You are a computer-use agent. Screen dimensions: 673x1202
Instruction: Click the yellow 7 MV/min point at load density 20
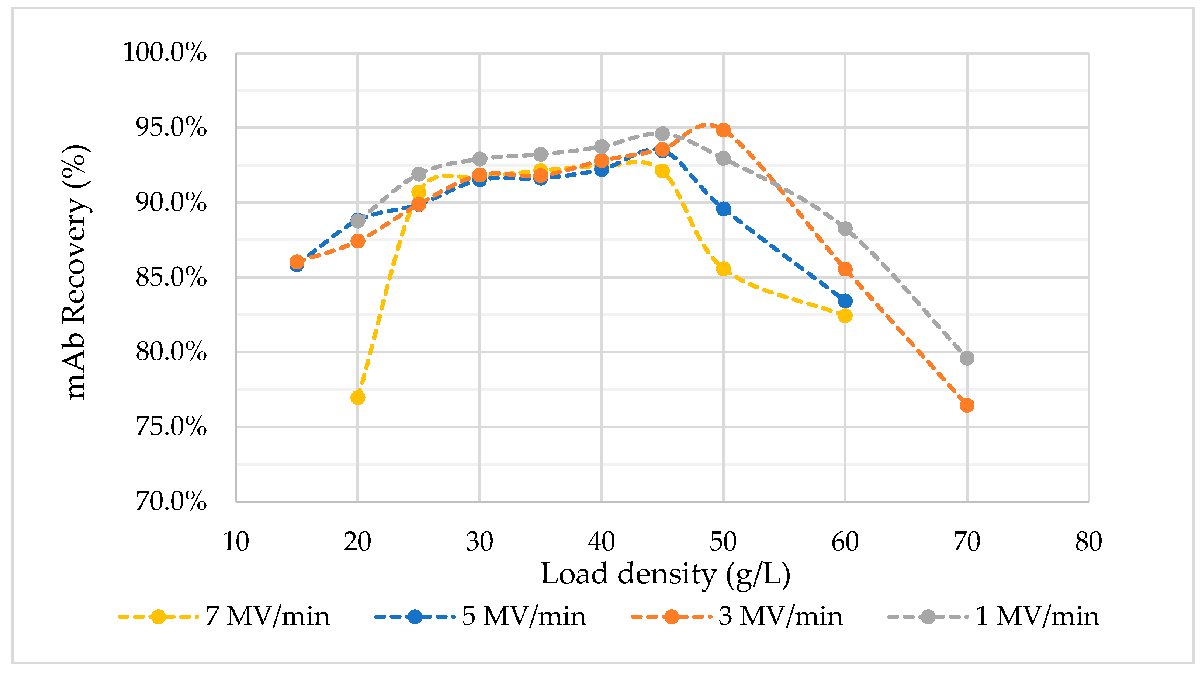357,397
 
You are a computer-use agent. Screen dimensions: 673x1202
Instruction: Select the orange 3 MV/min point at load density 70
967,405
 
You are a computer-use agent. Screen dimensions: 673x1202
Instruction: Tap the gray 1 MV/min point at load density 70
967,358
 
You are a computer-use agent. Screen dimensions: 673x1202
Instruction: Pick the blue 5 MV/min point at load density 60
845,301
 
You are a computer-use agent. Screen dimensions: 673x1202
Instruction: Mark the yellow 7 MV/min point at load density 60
845,316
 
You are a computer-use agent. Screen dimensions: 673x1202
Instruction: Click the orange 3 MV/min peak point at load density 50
723,130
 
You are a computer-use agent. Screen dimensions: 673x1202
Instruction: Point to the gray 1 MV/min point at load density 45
662,134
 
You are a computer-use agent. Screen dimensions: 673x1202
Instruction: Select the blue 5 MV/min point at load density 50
723,209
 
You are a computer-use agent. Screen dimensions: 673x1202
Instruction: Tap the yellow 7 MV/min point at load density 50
723,269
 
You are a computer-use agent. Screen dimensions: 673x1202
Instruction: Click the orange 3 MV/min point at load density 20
357,241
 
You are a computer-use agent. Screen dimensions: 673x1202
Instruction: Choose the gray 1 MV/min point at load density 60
845,229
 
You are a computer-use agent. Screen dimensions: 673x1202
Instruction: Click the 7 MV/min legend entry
224,617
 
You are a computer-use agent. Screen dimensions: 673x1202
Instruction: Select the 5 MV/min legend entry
480,617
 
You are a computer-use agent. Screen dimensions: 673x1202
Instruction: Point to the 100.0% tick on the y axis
164,52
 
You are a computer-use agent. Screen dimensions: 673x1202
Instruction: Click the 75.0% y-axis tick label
171,427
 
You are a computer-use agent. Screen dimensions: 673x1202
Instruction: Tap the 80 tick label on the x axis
1089,542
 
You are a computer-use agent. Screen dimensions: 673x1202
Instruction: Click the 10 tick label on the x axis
236,542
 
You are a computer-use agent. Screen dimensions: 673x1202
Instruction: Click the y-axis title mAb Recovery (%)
76,272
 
